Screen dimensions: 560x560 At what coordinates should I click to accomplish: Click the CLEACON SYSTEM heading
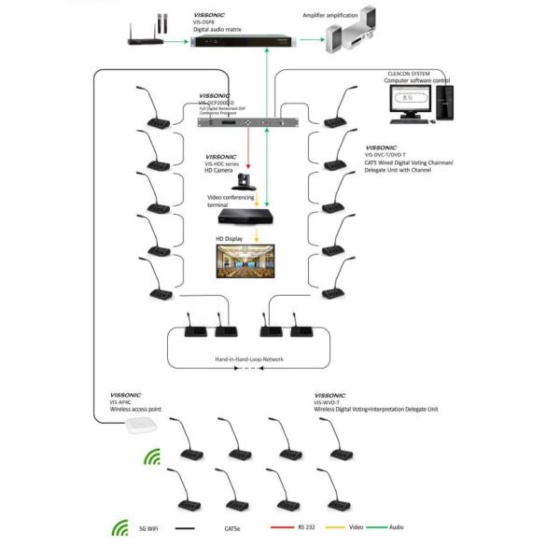(x=407, y=74)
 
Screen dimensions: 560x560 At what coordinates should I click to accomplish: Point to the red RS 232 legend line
(x=280, y=528)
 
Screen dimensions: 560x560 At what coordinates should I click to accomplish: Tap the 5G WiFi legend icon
(x=119, y=528)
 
